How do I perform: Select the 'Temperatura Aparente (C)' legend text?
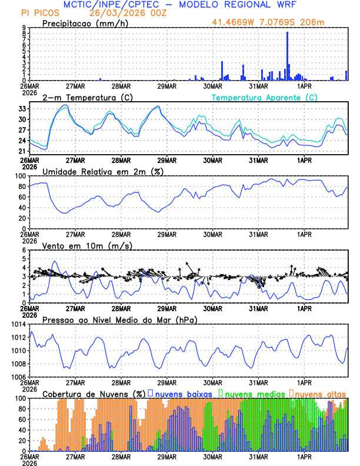pyautogui.click(x=264, y=97)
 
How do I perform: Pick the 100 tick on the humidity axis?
pyautogui.click(x=21, y=176)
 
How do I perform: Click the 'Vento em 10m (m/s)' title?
pyautogui.click(x=87, y=245)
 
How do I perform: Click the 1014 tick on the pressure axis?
pyautogui.click(x=19, y=324)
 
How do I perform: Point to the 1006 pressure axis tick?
pyautogui.click(x=19, y=377)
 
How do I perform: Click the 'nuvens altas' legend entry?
pyautogui.click(x=321, y=394)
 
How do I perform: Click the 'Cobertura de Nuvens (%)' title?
pyautogui.click(x=94, y=394)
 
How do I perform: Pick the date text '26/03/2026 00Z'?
pyautogui.click(x=125, y=12)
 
